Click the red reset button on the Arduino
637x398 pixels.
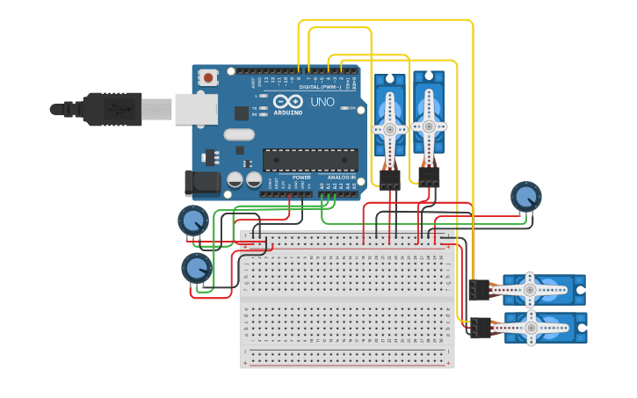[x=208, y=78]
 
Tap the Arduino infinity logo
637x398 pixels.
[x=287, y=103]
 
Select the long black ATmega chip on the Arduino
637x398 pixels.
[x=310, y=160]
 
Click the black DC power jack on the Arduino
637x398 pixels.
[x=201, y=183]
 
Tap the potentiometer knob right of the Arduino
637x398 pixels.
[x=526, y=196]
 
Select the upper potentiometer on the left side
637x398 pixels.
[x=193, y=220]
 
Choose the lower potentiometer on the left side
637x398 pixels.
[x=197, y=268]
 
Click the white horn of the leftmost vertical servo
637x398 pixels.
[x=389, y=128]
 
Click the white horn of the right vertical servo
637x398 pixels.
[x=429, y=127]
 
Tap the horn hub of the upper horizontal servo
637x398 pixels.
[x=530, y=288]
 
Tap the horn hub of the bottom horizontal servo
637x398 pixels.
[x=531, y=327]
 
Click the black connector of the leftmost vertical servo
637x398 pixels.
[x=389, y=179]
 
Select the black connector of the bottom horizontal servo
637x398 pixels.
[x=480, y=328]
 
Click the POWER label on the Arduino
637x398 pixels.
[x=301, y=177]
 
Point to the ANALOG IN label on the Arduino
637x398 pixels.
[x=342, y=177]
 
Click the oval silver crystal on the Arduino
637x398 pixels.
[x=238, y=134]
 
